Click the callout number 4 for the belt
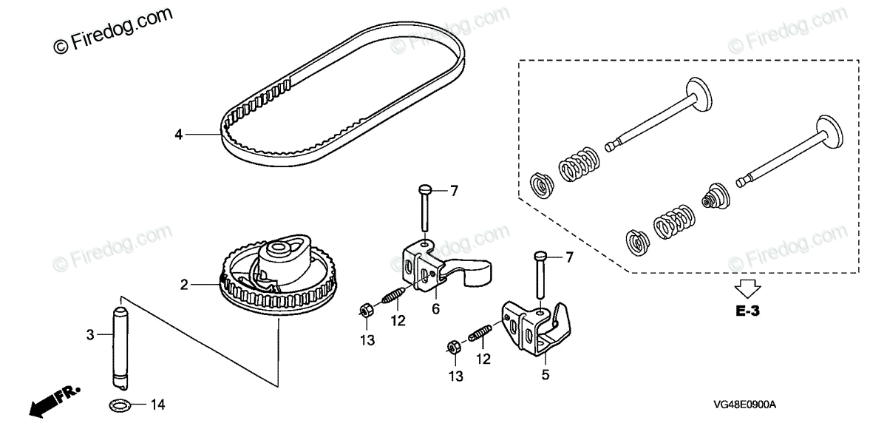point(178,135)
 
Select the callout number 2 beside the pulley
point(184,283)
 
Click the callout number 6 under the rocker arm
point(436,309)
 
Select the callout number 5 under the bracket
point(546,374)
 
